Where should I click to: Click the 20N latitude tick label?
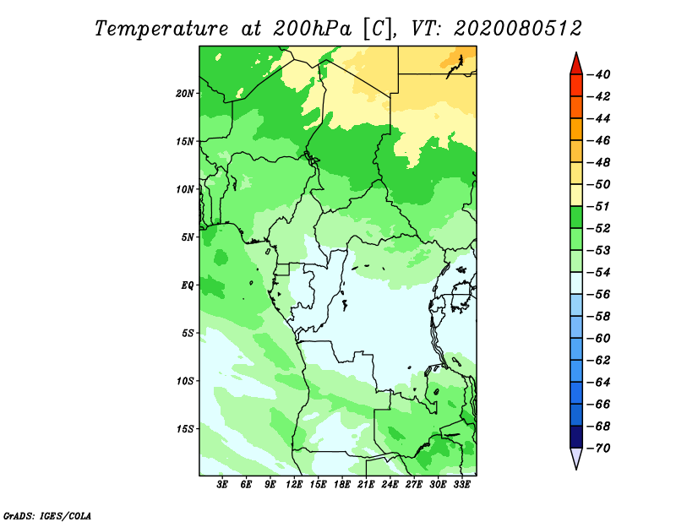point(185,94)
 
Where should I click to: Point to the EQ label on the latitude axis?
point(188,285)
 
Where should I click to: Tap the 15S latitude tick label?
point(185,429)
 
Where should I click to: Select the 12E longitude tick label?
point(294,485)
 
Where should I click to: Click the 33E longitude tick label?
point(461,485)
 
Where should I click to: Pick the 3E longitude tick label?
point(222,485)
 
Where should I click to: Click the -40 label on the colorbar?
point(598,74)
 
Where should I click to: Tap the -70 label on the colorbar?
point(598,449)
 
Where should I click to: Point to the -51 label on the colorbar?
point(598,206)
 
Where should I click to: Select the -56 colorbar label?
point(598,295)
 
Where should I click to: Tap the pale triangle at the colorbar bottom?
point(576,458)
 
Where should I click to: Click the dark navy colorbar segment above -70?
point(576,437)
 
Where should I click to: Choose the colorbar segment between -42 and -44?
point(576,107)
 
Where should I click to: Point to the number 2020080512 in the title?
point(517,29)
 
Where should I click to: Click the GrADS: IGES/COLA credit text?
point(47,515)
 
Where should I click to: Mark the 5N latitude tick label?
point(188,237)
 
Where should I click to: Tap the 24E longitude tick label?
point(390,485)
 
